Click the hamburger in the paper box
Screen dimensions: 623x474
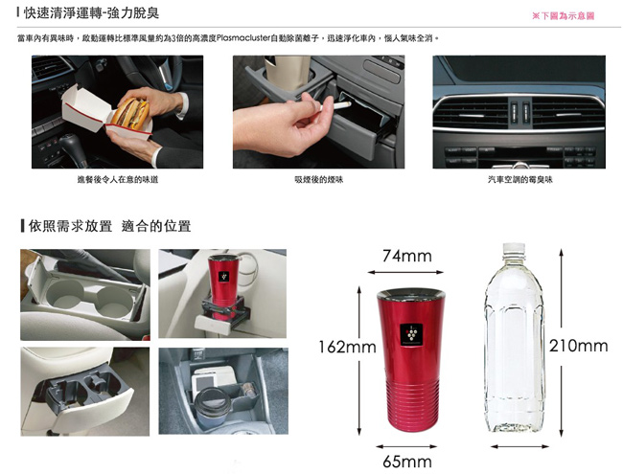pyautogui.click(x=130, y=112)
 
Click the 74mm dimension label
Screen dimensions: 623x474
pyautogui.click(x=406, y=256)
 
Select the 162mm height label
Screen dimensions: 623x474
pyautogui.click(x=347, y=347)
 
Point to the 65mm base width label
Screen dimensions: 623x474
pyautogui.click(x=406, y=462)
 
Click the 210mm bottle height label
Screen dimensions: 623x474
pyautogui.click(x=579, y=346)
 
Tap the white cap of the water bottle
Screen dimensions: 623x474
pyautogui.click(x=514, y=249)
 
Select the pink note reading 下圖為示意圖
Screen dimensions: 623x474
pyautogui.click(x=563, y=16)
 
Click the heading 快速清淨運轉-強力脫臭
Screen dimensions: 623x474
pyautogui.click(x=91, y=13)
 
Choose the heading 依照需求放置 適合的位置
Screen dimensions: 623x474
pyautogui.click(x=109, y=226)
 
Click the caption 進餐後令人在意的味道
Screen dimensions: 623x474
pyautogui.click(x=118, y=180)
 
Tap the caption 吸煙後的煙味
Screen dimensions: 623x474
pyautogui.click(x=318, y=180)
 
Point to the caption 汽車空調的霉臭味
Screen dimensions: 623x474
pyautogui.click(x=520, y=180)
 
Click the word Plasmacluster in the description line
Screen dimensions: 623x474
pyautogui.click(x=243, y=38)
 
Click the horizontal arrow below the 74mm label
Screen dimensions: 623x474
pyautogui.click(x=405, y=272)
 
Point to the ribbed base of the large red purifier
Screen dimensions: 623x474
pyautogui.click(x=411, y=404)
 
